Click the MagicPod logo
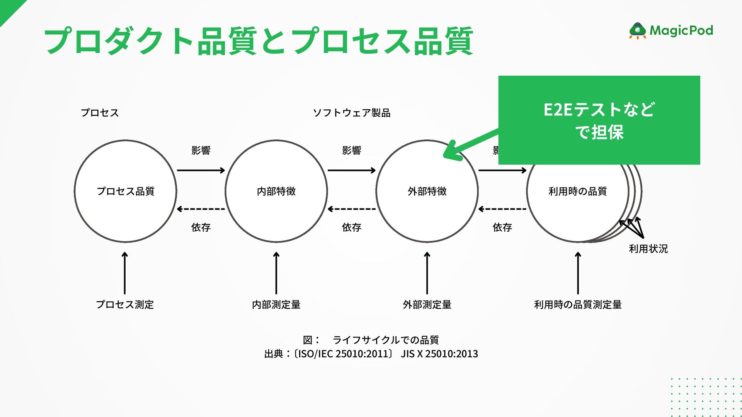coord(671,31)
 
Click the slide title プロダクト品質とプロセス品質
coord(259,41)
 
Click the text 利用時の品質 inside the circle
coord(578,191)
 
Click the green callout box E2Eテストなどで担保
coord(599,120)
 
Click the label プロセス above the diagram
coord(100,113)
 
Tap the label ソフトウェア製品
coord(352,113)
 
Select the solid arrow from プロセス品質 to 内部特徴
coord(201,170)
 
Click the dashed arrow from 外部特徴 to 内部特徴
coord(352,209)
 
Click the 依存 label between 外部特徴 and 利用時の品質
coord(502,227)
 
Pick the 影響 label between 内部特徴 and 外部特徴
coord(352,150)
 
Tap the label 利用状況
coord(648,249)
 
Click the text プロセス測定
coord(125,305)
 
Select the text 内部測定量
coord(276,305)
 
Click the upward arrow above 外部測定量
coord(427,273)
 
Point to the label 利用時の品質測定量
coord(578,305)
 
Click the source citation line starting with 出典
coord(371,354)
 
